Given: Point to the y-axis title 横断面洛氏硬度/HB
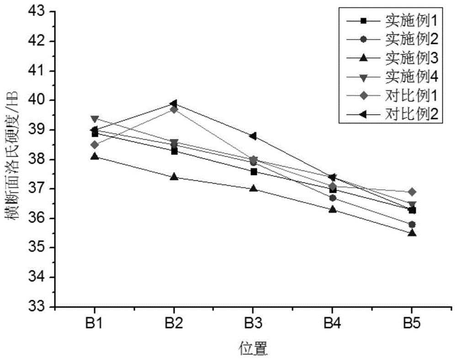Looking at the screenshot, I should pos(11,159).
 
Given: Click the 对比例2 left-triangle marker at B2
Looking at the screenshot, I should pos(174,103).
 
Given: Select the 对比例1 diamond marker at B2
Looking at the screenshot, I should pos(174,109).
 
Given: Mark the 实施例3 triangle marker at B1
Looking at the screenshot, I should pos(95,156).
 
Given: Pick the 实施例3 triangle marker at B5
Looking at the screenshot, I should pos(412,233).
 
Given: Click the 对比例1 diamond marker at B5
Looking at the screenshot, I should pos(412,192).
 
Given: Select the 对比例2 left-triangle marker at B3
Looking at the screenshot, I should pos(253,136).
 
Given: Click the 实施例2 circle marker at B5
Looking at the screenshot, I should pos(412,224).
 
